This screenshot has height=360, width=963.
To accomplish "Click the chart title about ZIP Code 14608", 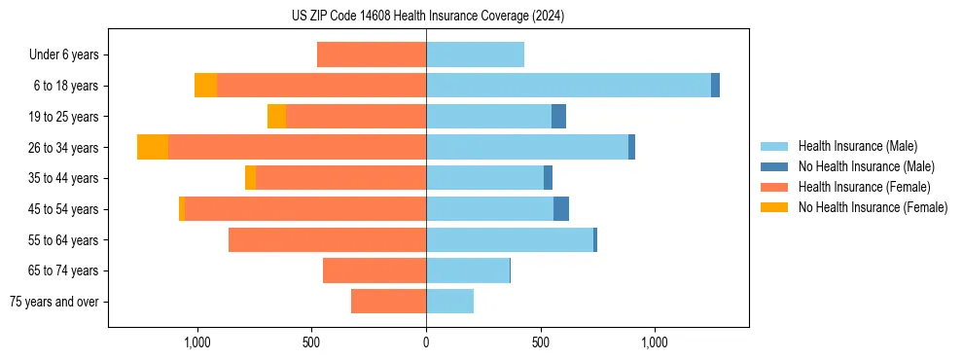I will pos(427,17).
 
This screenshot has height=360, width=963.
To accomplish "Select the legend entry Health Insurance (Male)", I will pos(857,146).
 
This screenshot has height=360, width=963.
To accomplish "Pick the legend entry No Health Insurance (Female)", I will pos(873,207).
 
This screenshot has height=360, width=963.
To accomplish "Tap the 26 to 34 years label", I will pos(63,148).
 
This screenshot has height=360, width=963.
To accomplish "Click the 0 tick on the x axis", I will pos(426,342).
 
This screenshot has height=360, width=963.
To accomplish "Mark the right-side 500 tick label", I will pos(541,342).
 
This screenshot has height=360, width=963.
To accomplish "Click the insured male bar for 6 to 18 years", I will pos(568,86).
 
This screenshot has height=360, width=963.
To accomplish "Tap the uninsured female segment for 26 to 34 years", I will pos(153,147).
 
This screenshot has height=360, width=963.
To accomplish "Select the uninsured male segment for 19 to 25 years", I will pos(558,117).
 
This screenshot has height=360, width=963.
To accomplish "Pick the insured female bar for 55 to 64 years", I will pos(327,240).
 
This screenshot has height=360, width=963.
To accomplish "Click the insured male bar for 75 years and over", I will pos(449,302).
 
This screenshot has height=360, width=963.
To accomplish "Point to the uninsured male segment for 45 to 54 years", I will pos(561,209).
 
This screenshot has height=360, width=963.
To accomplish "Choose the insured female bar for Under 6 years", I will pos(372,54).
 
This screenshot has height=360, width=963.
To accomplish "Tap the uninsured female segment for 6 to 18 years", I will pos(205,86).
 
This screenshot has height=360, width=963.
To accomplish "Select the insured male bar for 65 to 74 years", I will pos(468,270).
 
